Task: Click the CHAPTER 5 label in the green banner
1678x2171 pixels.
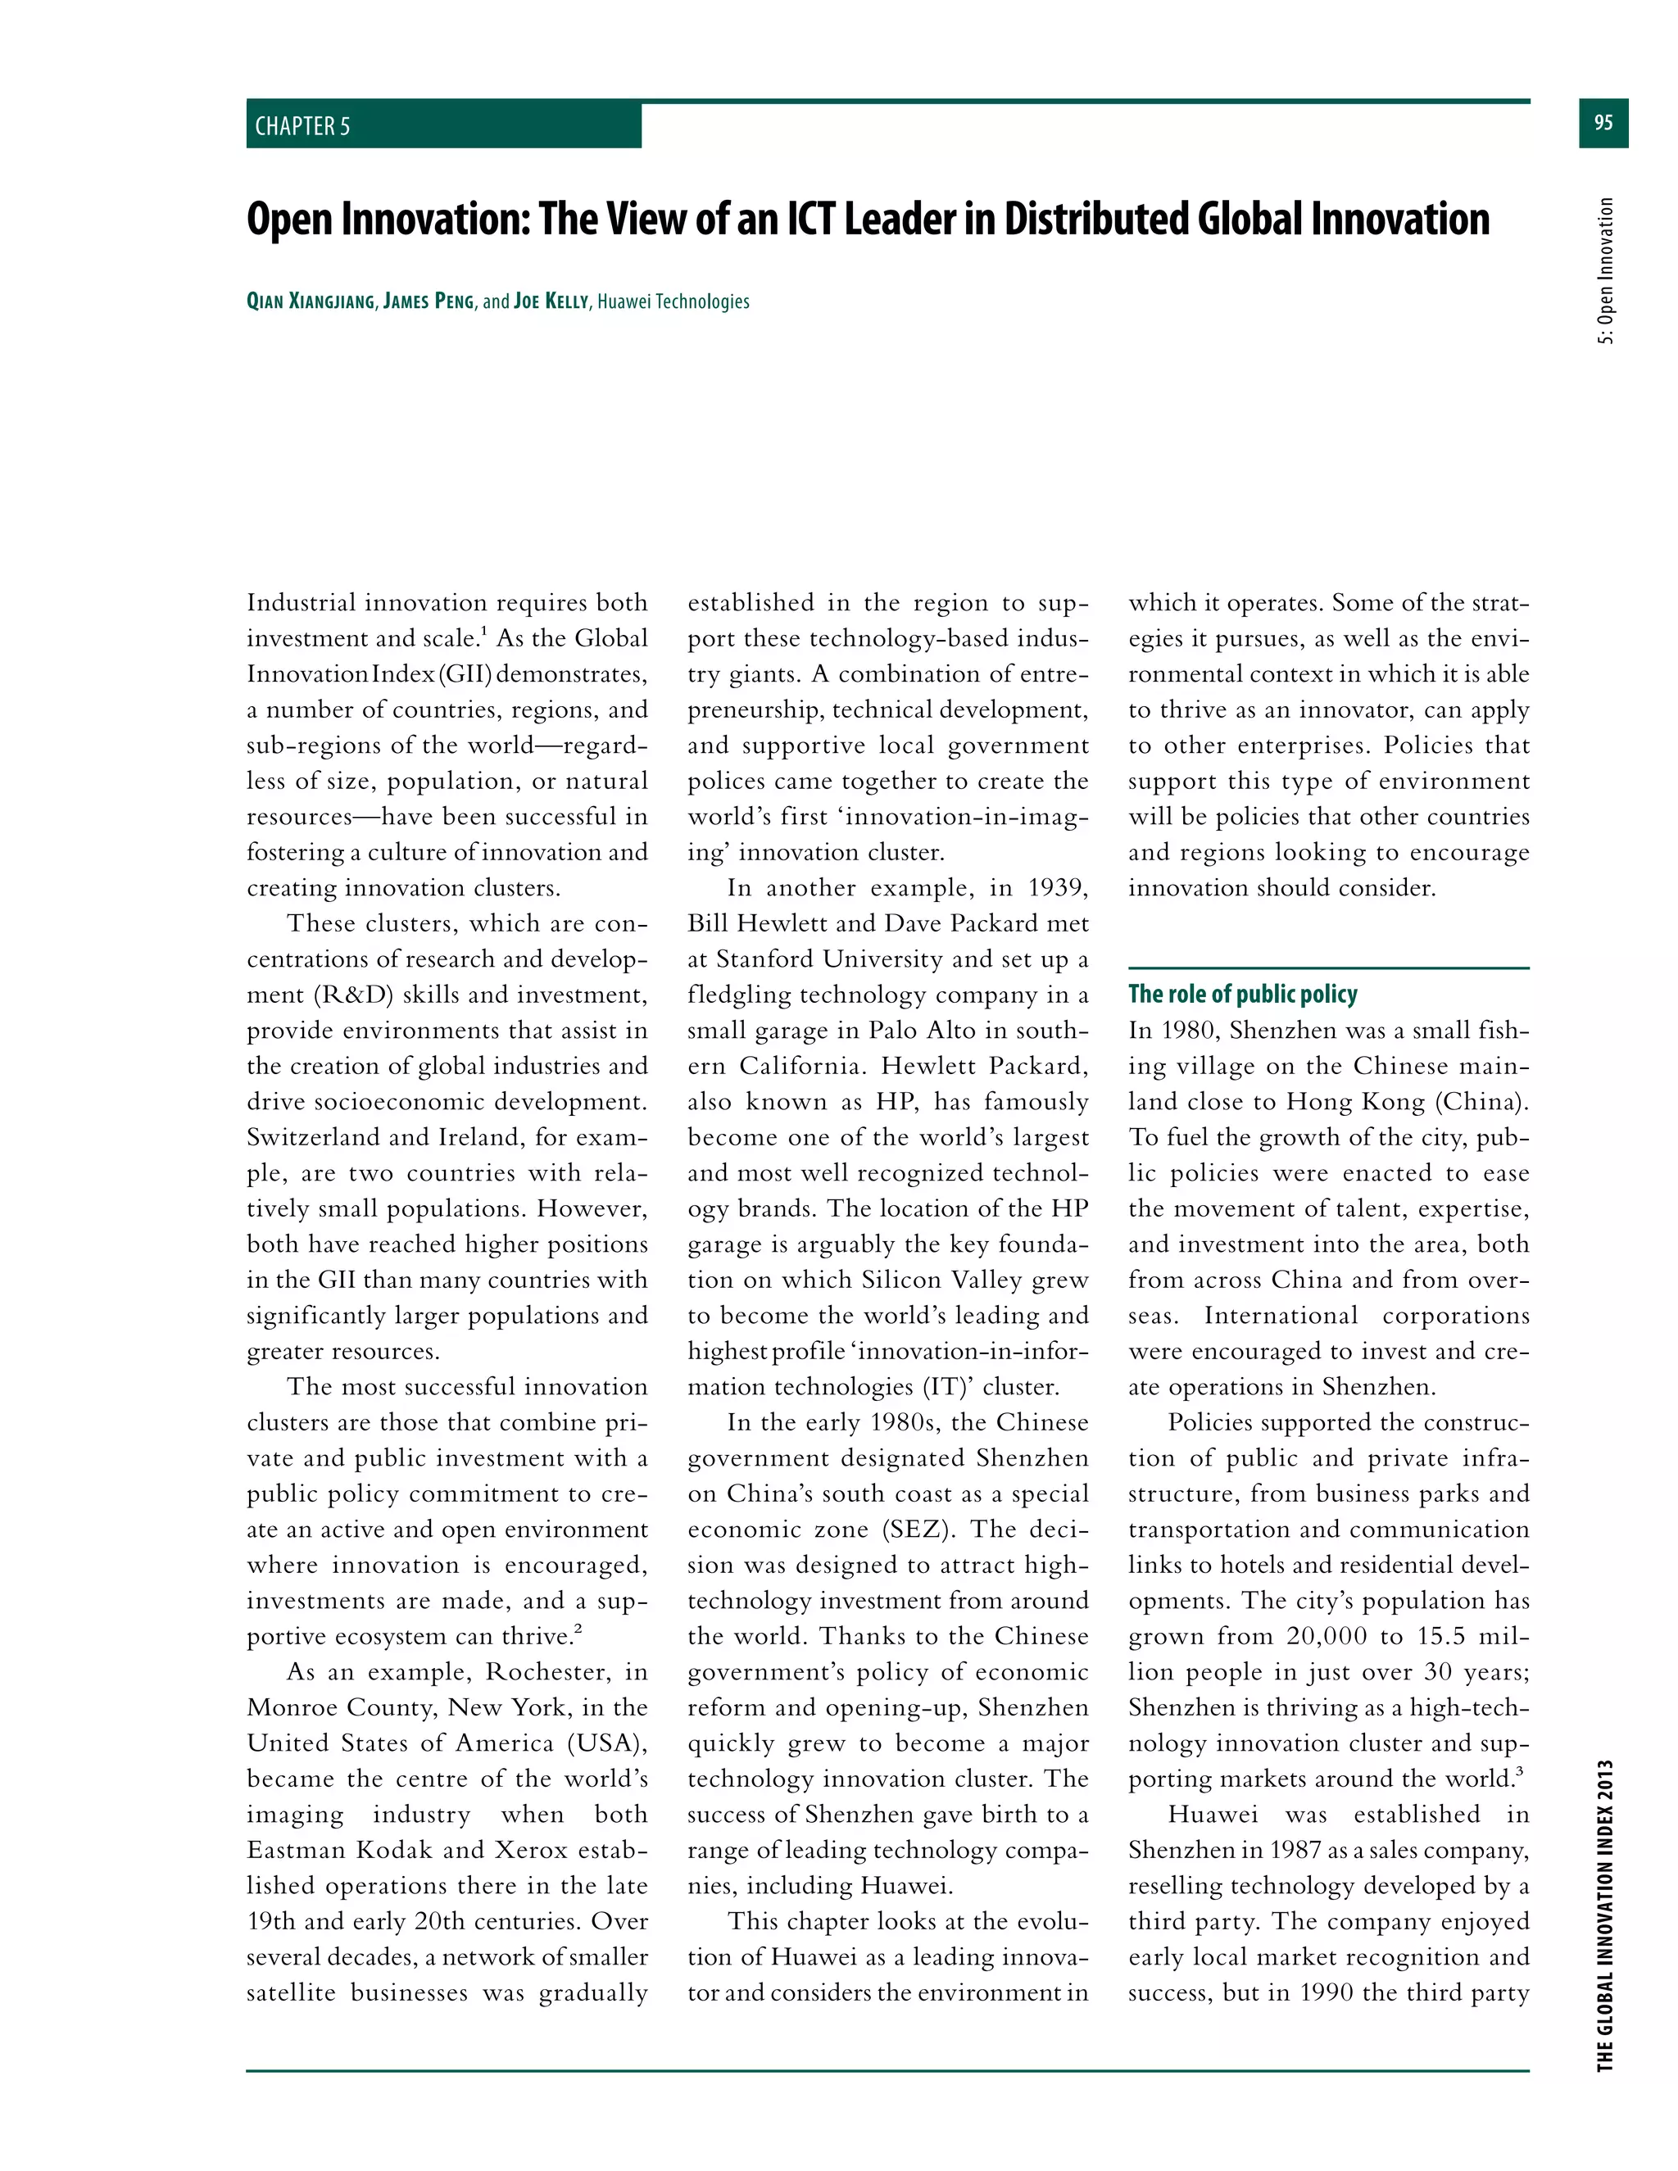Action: (x=302, y=126)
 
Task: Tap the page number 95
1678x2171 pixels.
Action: (x=1603, y=122)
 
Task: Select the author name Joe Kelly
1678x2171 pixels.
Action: (x=551, y=301)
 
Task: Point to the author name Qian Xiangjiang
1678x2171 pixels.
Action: (x=311, y=301)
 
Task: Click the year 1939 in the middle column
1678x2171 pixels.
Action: (x=1057, y=888)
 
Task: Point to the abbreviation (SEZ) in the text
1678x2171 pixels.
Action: (x=917, y=1529)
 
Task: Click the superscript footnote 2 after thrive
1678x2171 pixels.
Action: (x=578, y=1629)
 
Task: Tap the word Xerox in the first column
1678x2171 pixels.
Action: (x=530, y=1850)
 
